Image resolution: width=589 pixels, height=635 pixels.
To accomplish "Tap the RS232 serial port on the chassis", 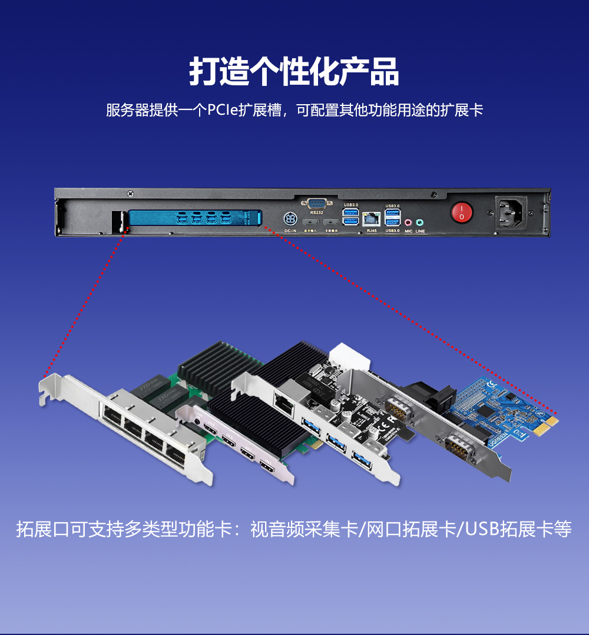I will click(317, 203).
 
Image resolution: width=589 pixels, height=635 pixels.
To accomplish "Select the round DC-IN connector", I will click(290, 219).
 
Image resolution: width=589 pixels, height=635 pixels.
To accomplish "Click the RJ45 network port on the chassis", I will click(371, 219).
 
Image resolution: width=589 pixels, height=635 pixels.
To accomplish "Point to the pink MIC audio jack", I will click(408, 222).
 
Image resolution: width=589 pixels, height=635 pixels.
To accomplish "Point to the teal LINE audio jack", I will click(419, 222).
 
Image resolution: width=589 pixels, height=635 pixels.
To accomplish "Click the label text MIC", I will click(408, 231).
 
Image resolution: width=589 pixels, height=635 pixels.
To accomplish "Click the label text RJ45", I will click(371, 231).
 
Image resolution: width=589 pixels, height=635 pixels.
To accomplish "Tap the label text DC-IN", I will click(290, 231).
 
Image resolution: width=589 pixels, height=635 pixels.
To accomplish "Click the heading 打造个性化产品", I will click(294, 72).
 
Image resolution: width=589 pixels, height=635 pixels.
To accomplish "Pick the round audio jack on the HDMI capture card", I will click(195, 420).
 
